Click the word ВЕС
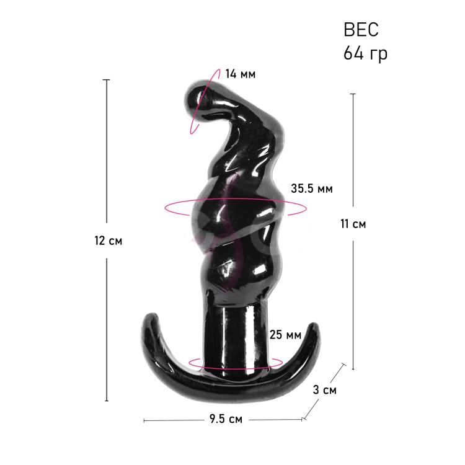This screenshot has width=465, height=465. (x=361, y=30)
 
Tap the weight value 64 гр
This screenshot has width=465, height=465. (x=365, y=53)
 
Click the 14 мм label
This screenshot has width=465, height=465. (x=240, y=74)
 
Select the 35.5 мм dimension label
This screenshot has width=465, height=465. (x=312, y=188)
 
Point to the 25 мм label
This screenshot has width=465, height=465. (x=285, y=335)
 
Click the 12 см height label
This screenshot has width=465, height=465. (x=108, y=241)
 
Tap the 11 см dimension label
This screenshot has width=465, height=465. (x=353, y=224)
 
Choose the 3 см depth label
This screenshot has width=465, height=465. (x=325, y=390)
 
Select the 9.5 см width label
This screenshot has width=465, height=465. (x=226, y=418)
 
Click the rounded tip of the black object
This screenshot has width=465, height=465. (x=196, y=99)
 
